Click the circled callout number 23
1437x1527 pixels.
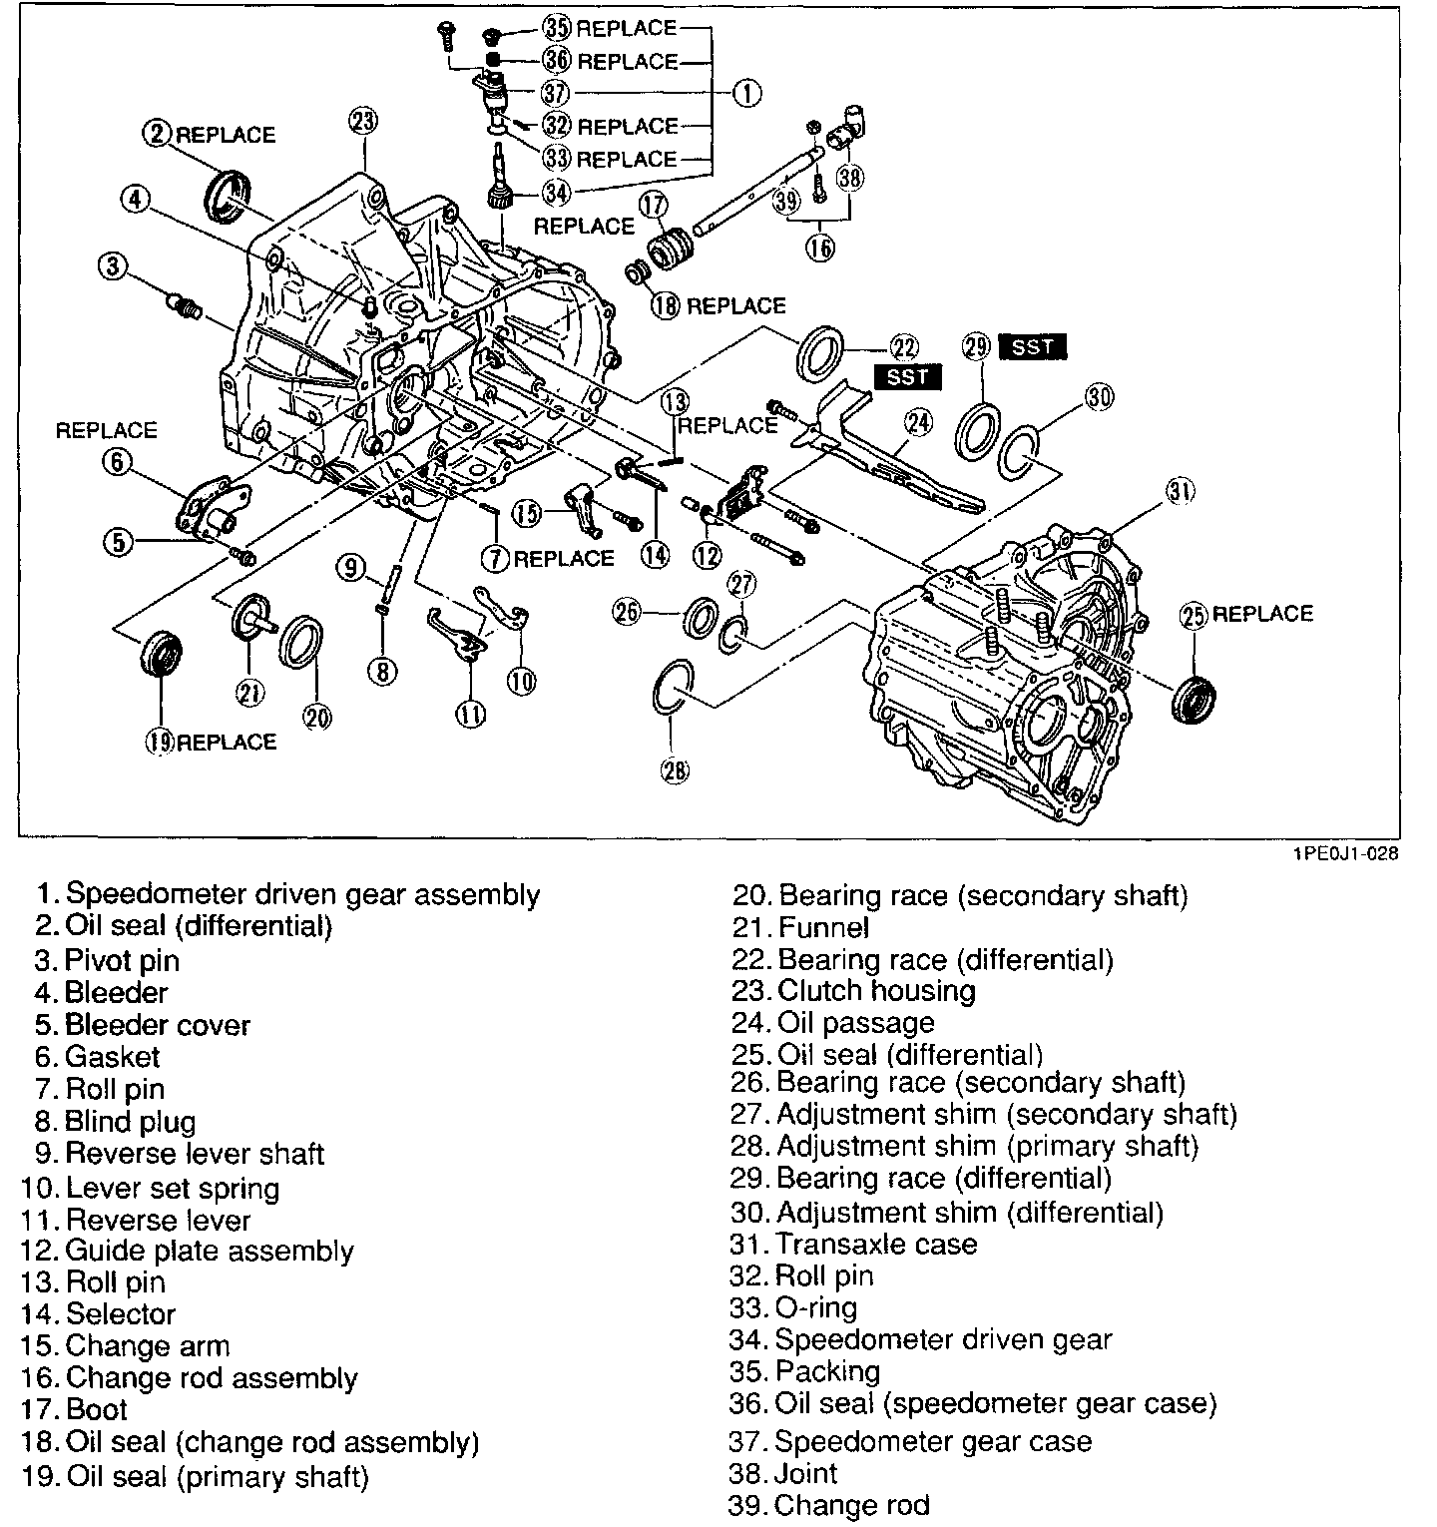tap(363, 122)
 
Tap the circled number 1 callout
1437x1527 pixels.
tap(746, 94)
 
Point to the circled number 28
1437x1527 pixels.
tap(675, 768)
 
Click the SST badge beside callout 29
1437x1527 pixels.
tap(1031, 346)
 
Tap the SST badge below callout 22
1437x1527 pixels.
tap(906, 376)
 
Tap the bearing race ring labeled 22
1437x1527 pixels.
tap(820, 351)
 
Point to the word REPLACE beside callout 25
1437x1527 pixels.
tap(1262, 613)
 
